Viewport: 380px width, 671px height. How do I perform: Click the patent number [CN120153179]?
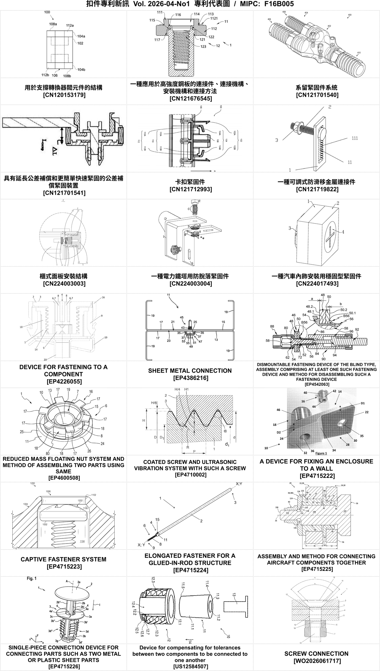click(x=64, y=95)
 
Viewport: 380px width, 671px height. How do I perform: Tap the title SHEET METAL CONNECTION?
click(x=190, y=371)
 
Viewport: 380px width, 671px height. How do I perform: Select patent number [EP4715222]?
click(x=316, y=476)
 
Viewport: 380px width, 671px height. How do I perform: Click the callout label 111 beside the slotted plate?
click(x=355, y=138)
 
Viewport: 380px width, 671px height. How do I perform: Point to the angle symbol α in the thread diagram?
click(x=225, y=431)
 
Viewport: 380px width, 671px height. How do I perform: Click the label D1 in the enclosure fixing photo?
click(x=363, y=403)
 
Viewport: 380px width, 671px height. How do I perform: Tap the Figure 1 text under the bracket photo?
click(x=321, y=453)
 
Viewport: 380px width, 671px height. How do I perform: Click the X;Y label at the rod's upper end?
click(x=239, y=484)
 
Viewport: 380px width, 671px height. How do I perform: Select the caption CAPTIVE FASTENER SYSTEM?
click(x=63, y=559)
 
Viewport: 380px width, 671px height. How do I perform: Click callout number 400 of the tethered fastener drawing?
click(x=349, y=15)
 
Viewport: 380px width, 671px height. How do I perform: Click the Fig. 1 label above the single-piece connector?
click(x=31, y=578)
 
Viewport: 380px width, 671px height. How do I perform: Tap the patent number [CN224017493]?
click(x=316, y=283)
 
